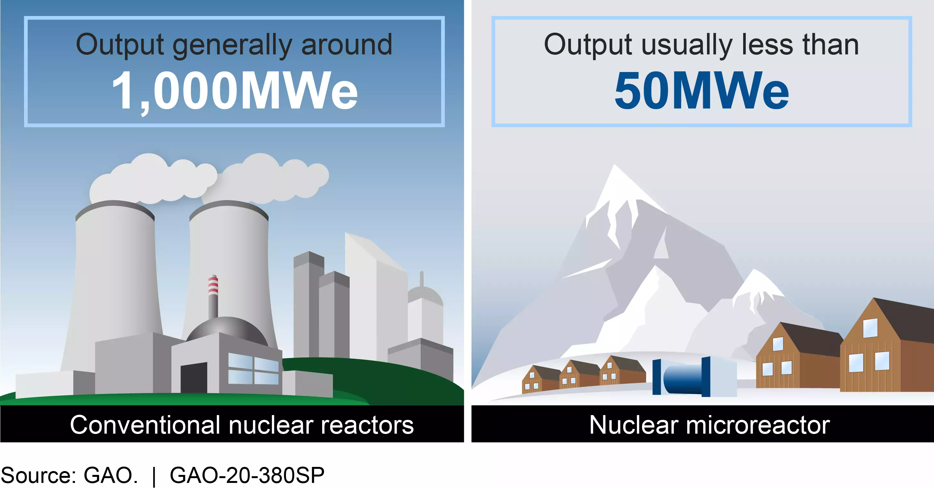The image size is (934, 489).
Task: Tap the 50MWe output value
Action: pos(702,90)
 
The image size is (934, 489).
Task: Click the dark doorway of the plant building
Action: pos(194,377)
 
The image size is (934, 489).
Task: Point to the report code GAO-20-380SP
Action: pos(247,475)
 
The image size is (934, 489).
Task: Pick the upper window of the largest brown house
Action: pos(870,328)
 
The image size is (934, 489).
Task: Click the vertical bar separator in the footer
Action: pos(154,476)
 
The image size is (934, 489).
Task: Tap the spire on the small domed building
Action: pos(421,278)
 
